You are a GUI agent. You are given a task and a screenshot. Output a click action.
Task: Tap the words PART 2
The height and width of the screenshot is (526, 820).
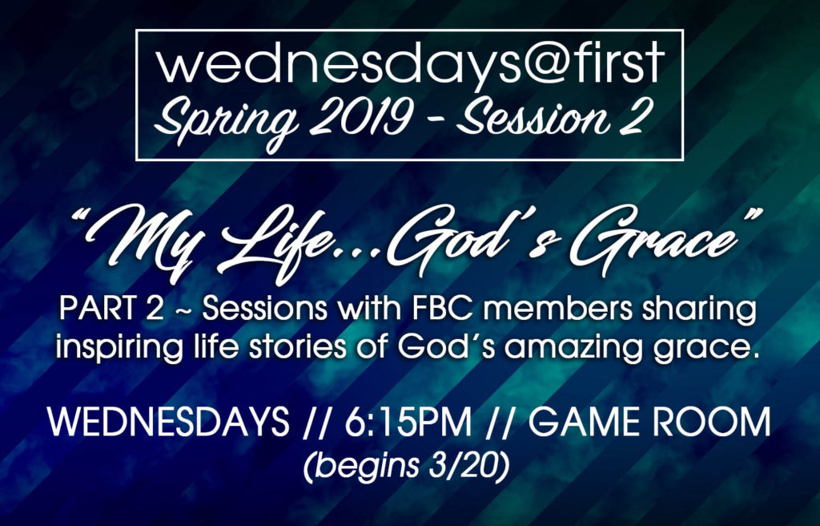tap(111, 309)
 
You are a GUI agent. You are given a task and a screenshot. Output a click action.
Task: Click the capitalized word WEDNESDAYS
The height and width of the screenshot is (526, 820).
tap(168, 422)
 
